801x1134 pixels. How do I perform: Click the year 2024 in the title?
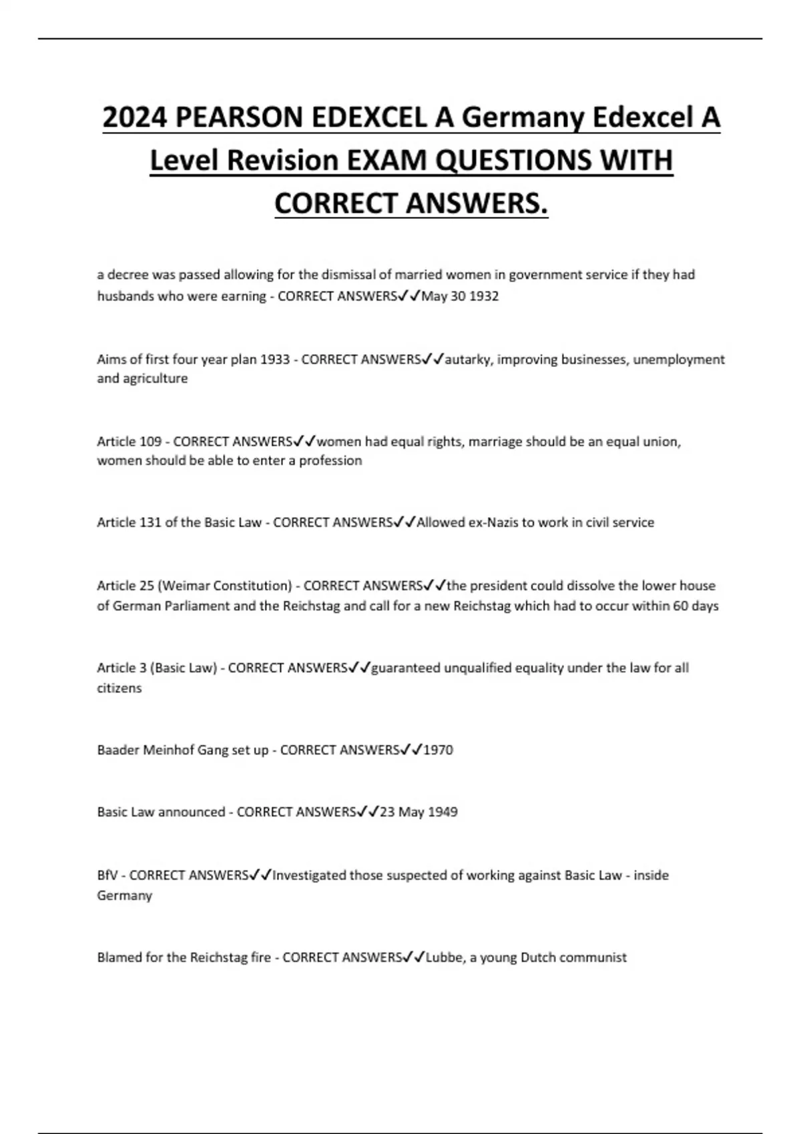point(134,118)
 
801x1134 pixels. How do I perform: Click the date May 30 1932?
point(460,296)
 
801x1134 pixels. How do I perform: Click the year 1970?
point(438,750)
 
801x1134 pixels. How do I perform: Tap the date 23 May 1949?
point(419,812)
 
